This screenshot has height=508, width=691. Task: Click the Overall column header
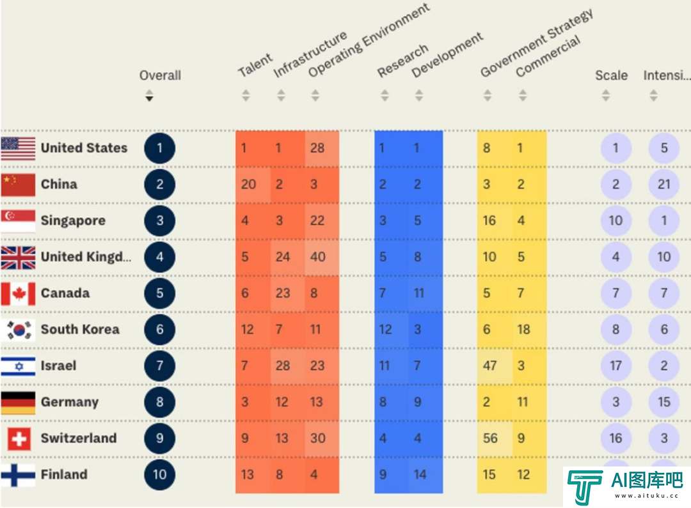pos(160,75)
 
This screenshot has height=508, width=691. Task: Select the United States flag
pos(18,148)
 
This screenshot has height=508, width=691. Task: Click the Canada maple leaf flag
pos(18,293)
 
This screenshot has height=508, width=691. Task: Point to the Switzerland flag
pos(19,439)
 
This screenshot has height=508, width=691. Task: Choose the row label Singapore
pos(73,220)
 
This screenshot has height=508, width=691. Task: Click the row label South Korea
pos(80,330)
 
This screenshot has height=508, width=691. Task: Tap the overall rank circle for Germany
pos(159,403)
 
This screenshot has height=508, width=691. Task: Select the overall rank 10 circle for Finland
pos(159,475)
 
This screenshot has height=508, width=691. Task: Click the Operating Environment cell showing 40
pos(317,257)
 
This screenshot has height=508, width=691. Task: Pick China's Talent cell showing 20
pos(248,185)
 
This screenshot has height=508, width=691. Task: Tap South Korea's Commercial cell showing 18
pos(523,330)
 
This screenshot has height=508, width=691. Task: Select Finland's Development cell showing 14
pos(420,475)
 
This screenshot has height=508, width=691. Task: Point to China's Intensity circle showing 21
pos(664,185)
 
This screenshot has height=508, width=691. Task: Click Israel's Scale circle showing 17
pos(616,366)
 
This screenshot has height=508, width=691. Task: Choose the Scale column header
pos(611,75)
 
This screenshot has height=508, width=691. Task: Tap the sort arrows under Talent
pos(246,96)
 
